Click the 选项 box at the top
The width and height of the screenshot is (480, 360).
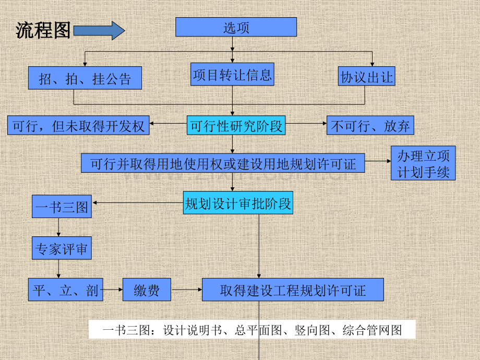point(236,27)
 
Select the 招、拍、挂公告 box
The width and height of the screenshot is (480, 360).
point(85,78)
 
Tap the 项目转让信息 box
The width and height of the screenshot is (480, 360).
point(232,75)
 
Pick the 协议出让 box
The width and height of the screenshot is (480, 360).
point(366,76)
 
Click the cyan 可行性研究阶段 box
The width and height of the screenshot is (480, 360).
point(236,125)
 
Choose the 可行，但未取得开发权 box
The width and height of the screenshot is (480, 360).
point(78,125)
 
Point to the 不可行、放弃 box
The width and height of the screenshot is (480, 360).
point(370,125)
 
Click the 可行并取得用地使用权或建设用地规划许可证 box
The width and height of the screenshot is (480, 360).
point(223,163)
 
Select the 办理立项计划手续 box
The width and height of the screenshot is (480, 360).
point(423,163)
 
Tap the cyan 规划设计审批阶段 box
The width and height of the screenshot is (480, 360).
point(238,202)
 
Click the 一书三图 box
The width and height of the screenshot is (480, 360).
point(62,206)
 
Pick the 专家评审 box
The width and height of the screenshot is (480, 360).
point(62,248)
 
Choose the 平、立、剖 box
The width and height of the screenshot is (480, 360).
point(66,290)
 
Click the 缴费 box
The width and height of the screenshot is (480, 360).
point(147,290)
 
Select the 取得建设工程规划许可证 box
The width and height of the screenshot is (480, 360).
point(293,290)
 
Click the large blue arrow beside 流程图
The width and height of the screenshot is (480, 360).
point(99,31)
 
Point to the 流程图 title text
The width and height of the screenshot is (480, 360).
point(43,30)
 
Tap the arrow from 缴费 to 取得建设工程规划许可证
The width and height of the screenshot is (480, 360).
point(187,289)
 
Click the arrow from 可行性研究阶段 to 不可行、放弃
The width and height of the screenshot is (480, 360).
point(306,123)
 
